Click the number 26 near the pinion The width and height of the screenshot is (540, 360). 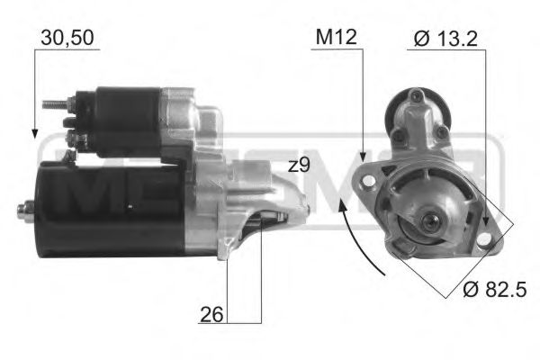pos(212,314)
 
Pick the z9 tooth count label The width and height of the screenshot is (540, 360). pos(299,166)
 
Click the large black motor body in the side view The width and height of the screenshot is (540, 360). pos(108,207)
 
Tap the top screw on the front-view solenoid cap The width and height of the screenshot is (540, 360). pos(415,96)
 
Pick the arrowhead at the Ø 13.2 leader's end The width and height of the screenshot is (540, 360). pos(486,222)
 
